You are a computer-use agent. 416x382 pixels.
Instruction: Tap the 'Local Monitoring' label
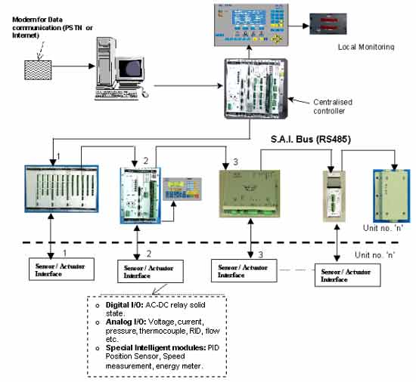[x=367, y=47]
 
